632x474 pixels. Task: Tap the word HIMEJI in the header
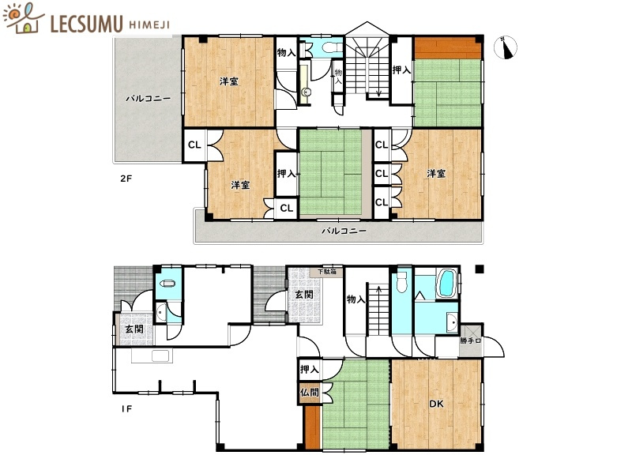[x=149, y=24]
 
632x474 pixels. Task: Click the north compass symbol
[x=506, y=47]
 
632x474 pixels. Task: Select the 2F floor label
[x=126, y=179]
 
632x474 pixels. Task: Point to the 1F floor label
[x=126, y=409]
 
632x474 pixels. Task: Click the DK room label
[x=436, y=404]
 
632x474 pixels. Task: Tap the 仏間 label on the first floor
[x=309, y=392]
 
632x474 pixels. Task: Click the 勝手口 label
[x=470, y=340]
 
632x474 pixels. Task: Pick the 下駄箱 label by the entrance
[x=326, y=272]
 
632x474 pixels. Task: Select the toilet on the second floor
[x=332, y=47]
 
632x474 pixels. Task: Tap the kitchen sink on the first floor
[x=160, y=356]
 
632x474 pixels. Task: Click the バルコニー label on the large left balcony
[x=148, y=98]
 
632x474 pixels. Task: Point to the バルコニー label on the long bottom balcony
[x=344, y=231]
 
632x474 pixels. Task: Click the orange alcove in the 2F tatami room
[x=447, y=48]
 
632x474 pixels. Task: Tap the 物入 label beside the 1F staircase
[x=356, y=299]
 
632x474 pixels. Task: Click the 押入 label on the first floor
[x=309, y=369]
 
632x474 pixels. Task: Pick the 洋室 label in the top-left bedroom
[x=228, y=81]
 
